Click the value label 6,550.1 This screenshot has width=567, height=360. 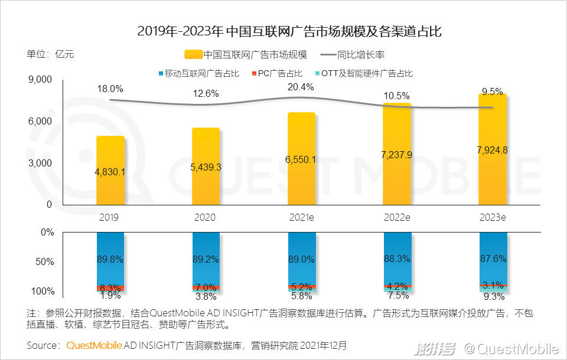(x=301, y=159)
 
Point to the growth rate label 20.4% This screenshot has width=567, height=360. (x=301, y=87)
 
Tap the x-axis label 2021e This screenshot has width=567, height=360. (x=301, y=217)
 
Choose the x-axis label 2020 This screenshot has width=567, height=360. (x=206, y=217)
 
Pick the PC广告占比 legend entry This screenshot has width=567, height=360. (x=281, y=74)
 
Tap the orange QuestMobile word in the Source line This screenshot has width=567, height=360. (x=94, y=345)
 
